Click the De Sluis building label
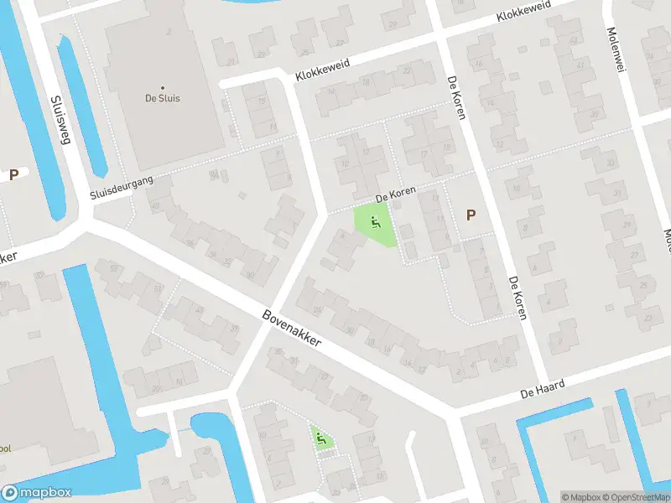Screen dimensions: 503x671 [162, 98]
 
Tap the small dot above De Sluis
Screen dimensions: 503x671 [162, 87]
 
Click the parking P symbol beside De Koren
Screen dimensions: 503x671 [471, 215]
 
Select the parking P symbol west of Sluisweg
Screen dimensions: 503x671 [13, 174]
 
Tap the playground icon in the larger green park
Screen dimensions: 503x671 [375, 223]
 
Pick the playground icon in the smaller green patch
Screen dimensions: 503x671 [320, 437]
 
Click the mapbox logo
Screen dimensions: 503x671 [36, 493]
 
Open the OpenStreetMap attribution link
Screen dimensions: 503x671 [636, 497]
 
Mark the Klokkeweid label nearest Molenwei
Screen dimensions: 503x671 [524, 16]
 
